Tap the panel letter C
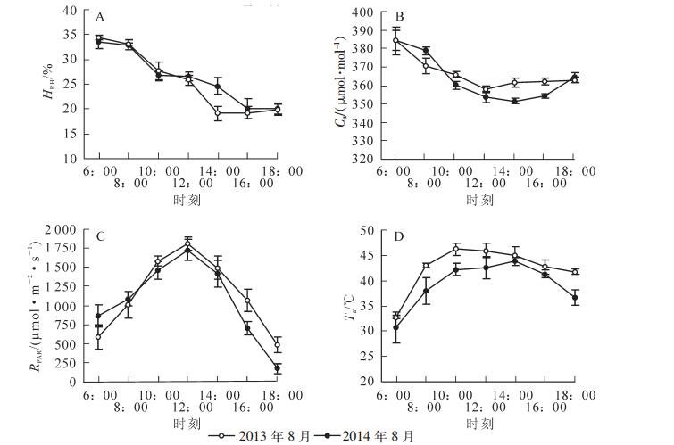pyautogui.click(x=101, y=236)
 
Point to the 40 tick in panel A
pyautogui.click(x=74, y=12)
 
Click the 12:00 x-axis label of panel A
pyautogui.click(x=187, y=184)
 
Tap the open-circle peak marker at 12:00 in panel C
pyautogui.click(x=188, y=243)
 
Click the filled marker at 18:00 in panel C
pyautogui.click(x=277, y=368)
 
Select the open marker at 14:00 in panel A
pyautogui.click(x=218, y=113)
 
